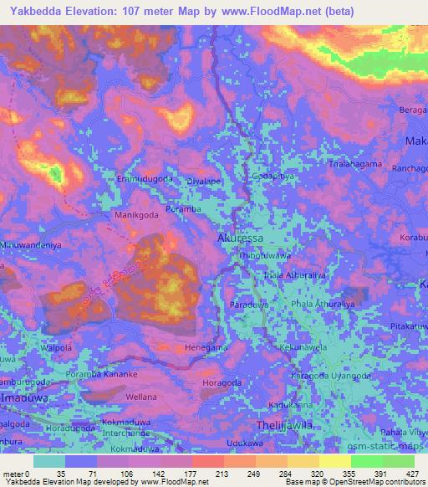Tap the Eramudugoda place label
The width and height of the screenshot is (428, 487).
[145, 179]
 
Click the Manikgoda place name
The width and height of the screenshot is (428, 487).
[137, 215]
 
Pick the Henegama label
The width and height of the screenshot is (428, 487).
[206, 346]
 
